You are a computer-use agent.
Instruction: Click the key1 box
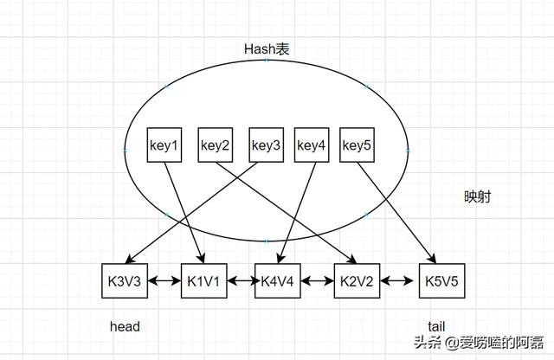pyautogui.click(x=164, y=145)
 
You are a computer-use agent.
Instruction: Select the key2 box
pyautogui.click(x=215, y=145)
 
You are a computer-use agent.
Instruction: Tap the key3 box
pyautogui.click(x=266, y=145)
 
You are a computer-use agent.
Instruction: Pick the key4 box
pyautogui.click(x=312, y=145)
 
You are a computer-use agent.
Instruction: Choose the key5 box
pyautogui.click(x=357, y=145)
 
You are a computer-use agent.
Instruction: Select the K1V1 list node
pyautogui.click(x=202, y=281)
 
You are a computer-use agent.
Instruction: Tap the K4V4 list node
pyautogui.click(x=276, y=281)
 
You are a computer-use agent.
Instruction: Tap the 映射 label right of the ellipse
pyautogui.click(x=477, y=197)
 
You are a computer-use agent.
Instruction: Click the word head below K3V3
pyautogui.click(x=125, y=326)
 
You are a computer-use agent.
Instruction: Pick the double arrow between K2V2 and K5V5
pyautogui.click(x=396, y=281)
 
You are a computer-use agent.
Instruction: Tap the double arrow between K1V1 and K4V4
pyautogui.click(x=239, y=281)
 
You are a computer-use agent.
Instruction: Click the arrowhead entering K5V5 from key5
pyautogui.click(x=433, y=260)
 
